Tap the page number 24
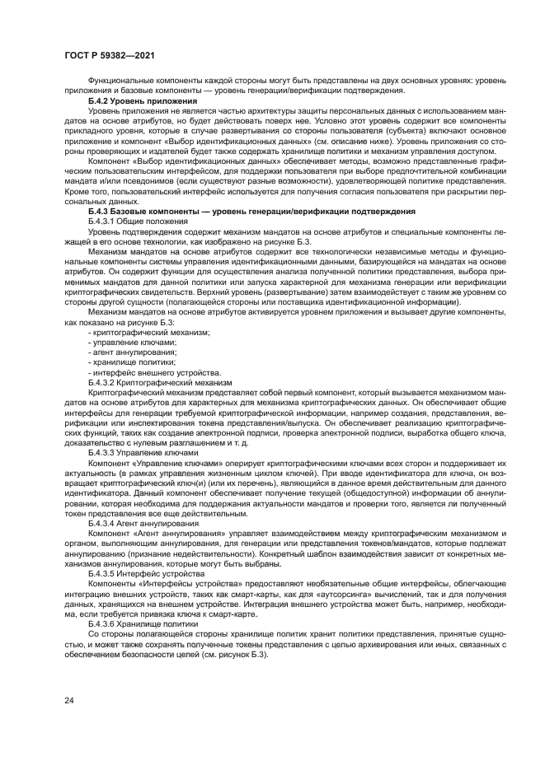pos(69,699)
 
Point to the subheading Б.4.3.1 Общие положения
pos(134,222)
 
